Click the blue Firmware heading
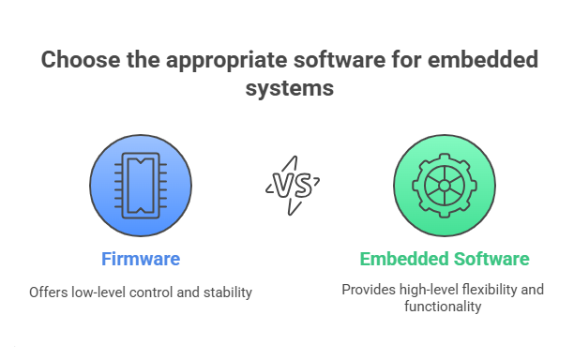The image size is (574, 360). coord(141,259)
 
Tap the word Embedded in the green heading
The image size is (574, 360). coord(400,259)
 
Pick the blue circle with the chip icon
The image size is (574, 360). coord(141,185)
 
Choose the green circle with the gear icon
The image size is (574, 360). coord(443,185)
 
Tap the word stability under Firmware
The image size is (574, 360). coord(230,292)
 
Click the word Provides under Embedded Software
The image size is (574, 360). coord(367,289)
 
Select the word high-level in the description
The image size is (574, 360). coord(423,289)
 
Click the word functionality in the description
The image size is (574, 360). coord(443,307)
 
